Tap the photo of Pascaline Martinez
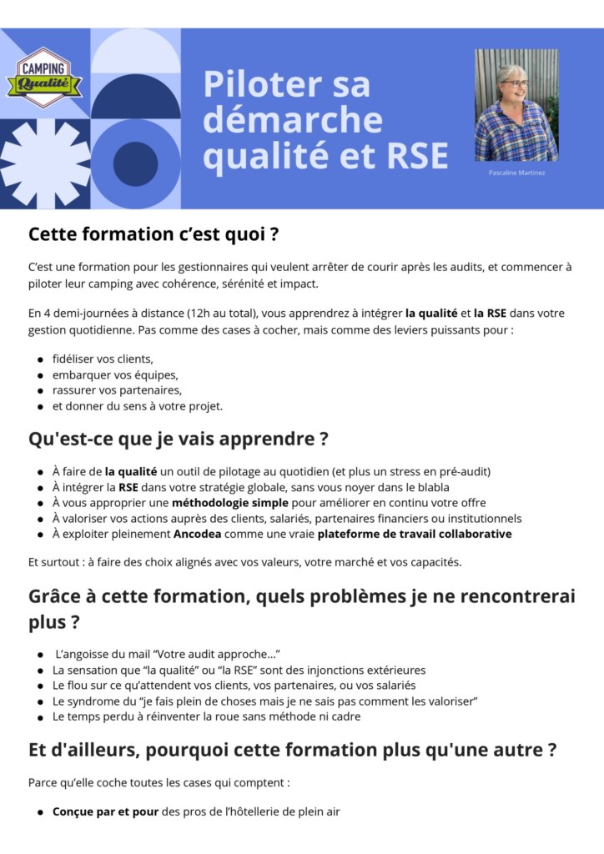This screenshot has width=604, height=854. (x=516, y=105)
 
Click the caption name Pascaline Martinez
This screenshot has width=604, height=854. (x=516, y=173)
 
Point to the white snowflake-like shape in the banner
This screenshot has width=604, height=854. (x=44, y=163)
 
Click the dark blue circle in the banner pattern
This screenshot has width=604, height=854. (x=135, y=163)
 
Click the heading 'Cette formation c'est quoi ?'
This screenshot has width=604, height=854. (x=154, y=234)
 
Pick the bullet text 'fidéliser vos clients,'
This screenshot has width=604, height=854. (x=103, y=359)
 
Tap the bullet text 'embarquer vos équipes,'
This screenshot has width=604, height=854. (x=115, y=374)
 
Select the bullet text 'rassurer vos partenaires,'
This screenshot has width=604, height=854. (x=117, y=390)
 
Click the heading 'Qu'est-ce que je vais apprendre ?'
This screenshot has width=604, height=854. (x=178, y=439)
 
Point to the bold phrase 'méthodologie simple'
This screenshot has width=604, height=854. (x=230, y=503)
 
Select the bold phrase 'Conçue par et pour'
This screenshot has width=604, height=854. (x=105, y=811)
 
